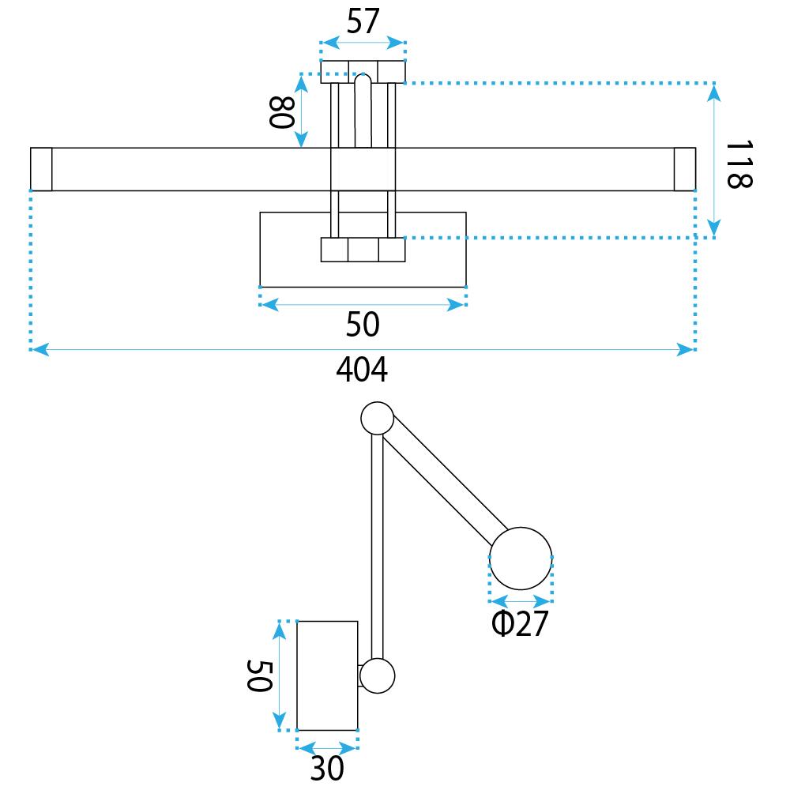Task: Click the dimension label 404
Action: click(x=362, y=370)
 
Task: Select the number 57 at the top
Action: click(x=363, y=22)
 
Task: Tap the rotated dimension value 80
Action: click(x=280, y=111)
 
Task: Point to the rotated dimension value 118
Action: click(x=738, y=164)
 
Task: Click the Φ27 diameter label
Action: click(x=519, y=624)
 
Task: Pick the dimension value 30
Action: click(x=327, y=767)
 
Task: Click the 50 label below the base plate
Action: click(x=363, y=324)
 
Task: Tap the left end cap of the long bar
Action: click(x=41, y=169)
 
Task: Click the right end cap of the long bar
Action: click(x=685, y=169)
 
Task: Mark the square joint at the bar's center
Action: click(x=363, y=169)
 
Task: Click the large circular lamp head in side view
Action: click(x=521, y=558)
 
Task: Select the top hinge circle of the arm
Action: click(x=377, y=419)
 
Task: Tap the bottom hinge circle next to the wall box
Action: click(x=378, y=675)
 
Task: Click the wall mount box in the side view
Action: click(x=327, y=675)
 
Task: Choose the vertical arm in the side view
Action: click(x=377, y=545)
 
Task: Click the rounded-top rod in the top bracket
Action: click(x=363, y=111)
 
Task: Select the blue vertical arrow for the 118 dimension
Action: click(x=714, y=160)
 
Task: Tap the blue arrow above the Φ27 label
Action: click(x=521, y=599)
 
